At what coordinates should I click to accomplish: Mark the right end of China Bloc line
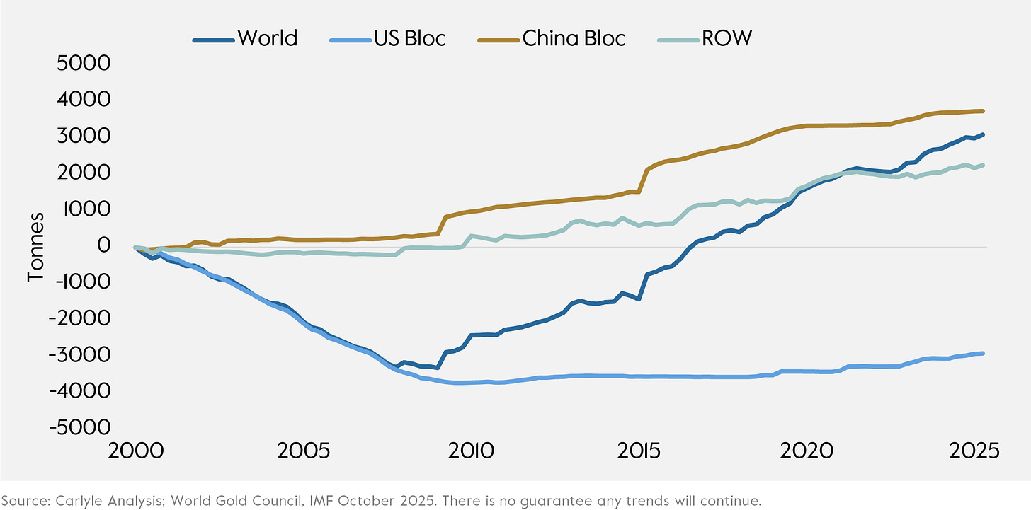[983, 111]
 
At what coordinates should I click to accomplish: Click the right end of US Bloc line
[983, 353]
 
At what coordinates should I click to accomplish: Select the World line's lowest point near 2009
[438, 367]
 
